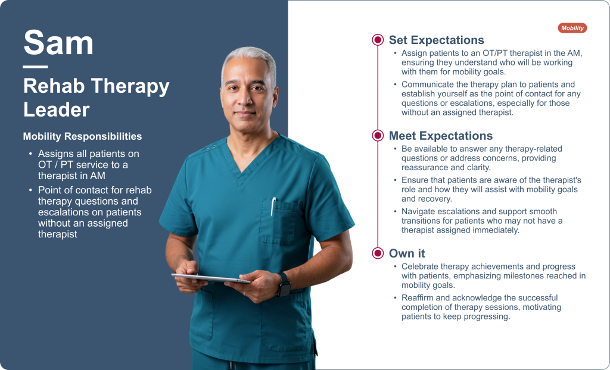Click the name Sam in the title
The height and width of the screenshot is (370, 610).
tap(58, 42)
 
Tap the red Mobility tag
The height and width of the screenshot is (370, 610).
tap(572, 28)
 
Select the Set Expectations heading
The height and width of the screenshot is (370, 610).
tap(436, 40)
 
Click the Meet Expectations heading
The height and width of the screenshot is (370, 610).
tap(441, 136)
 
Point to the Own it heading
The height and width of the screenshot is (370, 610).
tap(407, 253)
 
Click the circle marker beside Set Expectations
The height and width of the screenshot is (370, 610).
tap(377, 40)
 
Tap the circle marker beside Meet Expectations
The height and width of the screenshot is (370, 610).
tap(377, 135)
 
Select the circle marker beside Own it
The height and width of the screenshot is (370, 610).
tap(377, 253)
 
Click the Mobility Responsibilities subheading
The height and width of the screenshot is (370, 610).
tap(82, 136)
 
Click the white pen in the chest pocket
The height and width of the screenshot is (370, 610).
tap(273, 206)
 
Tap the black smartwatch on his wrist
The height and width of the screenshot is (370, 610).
tap(284, 284)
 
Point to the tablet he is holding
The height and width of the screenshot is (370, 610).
tap(211, 278)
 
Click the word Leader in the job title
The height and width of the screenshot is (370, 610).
tap(57, 109)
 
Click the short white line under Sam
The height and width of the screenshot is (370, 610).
tap(35, 67)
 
